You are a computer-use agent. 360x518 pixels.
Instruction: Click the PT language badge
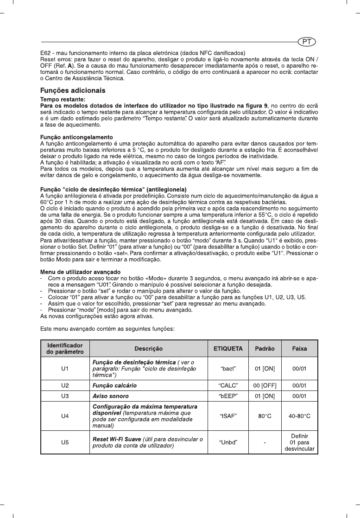(307, 41)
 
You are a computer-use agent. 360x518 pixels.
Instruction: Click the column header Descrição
(148, 348)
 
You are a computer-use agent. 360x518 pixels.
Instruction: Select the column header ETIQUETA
(228, 348)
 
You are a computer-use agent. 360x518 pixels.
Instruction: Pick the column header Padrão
(265, 348)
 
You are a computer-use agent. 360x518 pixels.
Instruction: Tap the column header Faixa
(299, 348)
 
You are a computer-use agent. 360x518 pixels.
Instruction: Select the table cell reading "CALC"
(228, 385)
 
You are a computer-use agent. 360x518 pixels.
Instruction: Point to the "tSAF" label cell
(228, 416)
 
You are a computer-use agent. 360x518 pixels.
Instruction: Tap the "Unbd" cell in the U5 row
(228, 442)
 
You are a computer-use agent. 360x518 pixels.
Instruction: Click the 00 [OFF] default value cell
(265, 385)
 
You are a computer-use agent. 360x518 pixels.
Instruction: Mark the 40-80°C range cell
(299, 416)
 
